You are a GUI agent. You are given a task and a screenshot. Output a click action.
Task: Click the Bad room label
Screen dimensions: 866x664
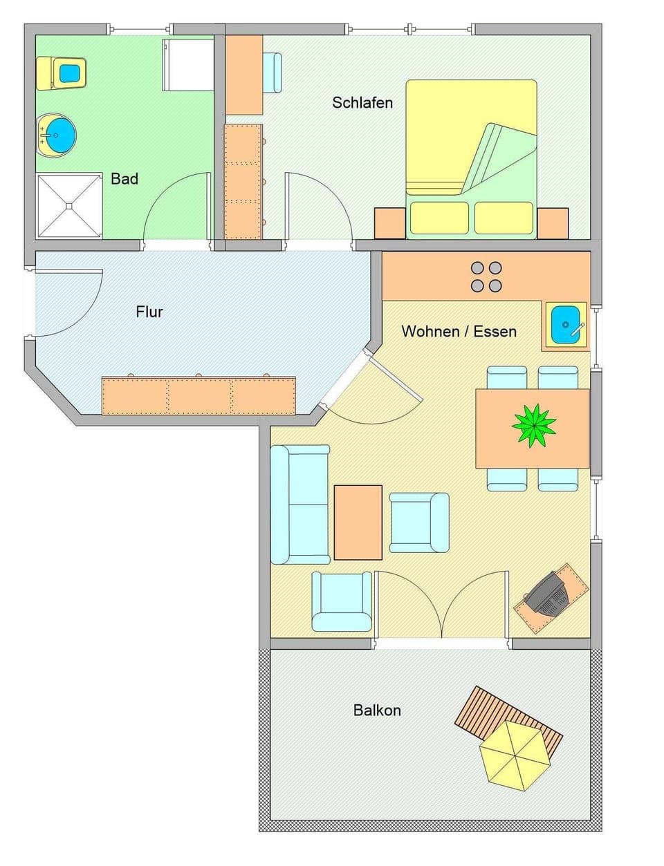124,179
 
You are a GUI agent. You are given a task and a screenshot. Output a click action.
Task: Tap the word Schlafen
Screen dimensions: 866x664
362,103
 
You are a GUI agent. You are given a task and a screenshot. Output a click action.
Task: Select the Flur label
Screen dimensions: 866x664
149,312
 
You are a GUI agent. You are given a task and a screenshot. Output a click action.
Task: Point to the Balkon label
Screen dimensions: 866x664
377,710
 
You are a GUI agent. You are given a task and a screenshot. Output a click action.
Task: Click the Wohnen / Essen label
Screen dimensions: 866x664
459,332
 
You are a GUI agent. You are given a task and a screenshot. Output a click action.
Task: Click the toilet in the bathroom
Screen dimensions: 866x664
62,73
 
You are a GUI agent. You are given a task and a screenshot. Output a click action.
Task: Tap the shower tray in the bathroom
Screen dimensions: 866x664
69,205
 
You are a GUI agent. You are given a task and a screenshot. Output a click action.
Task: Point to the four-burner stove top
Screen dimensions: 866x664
486,276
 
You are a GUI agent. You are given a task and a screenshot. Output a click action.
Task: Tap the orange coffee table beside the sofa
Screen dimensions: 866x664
358,522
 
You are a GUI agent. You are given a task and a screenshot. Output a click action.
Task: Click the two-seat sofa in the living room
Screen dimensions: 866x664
299,505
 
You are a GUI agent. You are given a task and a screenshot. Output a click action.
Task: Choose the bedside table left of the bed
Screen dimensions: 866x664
390,223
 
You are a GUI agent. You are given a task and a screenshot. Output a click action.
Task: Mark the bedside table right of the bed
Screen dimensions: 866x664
552,223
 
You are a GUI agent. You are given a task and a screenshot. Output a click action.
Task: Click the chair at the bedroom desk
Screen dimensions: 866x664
272,73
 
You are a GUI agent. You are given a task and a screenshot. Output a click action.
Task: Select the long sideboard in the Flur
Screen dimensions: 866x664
199,396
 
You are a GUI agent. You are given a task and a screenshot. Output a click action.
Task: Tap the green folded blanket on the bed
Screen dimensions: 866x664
500,161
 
